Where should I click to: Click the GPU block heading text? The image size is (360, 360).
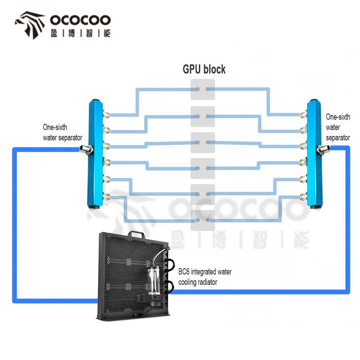(x=204, y=69)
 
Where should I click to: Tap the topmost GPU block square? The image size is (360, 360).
(x=202, y=90)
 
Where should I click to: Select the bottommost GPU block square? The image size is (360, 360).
(x=202, y=220)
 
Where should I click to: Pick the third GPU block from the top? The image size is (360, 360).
(x=202, y=142)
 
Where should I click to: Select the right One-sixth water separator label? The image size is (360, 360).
(x=337, y=127)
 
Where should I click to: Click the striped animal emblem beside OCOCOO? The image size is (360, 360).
(x=30, y=25)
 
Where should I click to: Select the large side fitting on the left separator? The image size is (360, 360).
(x=85, y=148)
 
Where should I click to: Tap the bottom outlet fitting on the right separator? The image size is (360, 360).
(x=303, y=196)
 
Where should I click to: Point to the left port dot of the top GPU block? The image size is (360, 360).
(x=197, y=90)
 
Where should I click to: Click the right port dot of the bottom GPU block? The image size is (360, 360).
(x=207, y=220)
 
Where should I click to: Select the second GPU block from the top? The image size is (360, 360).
(x=202, y=116)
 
